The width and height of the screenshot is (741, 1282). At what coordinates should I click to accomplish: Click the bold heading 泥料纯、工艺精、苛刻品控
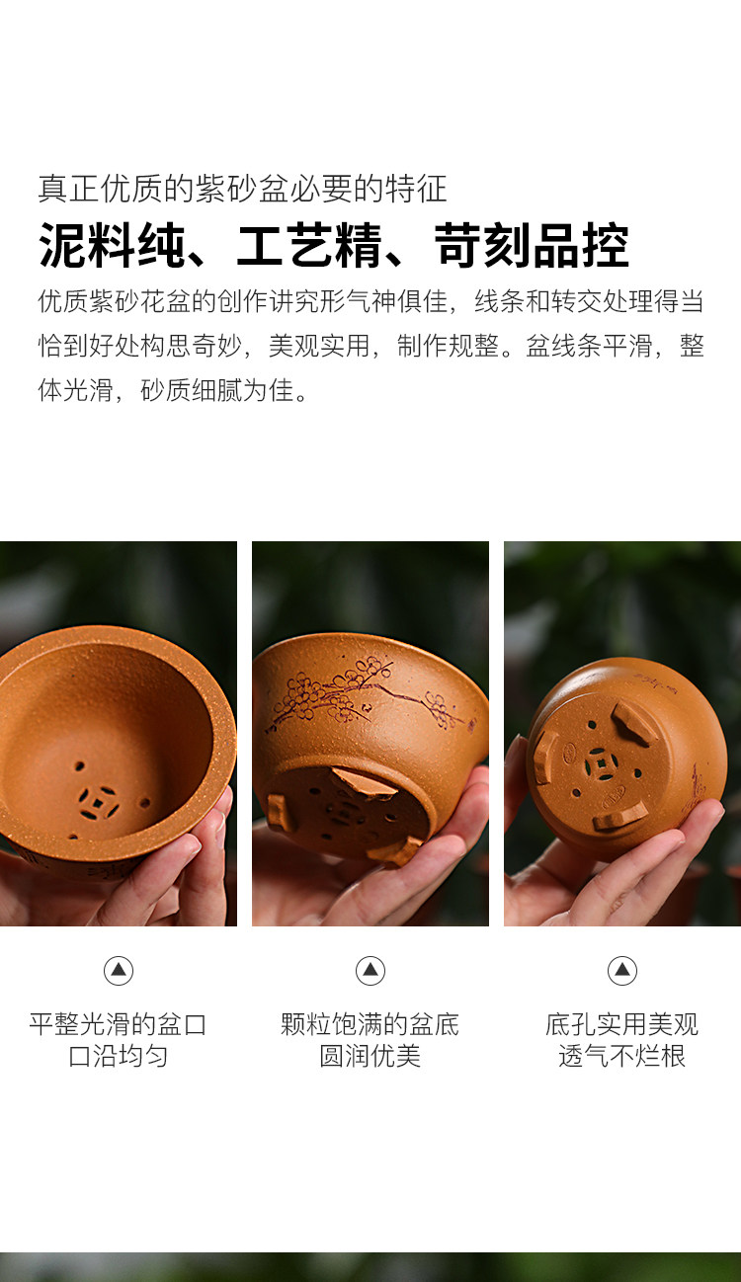(x=334, y=246)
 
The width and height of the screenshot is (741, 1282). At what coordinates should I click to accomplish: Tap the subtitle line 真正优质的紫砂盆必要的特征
(x=242, y=189)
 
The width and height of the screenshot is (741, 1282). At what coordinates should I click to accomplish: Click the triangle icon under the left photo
(x=119, y=971)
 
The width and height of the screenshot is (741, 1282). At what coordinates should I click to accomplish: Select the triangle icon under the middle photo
(x=370, y=971)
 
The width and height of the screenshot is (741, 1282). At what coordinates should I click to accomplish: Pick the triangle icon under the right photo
(x=622, y=971)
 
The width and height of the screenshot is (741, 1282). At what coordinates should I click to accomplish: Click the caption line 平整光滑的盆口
(x=119, y=1024)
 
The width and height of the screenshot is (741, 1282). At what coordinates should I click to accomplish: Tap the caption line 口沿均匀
(x=119, y=1056)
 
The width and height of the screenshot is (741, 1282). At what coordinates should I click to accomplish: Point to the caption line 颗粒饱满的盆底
(x=370, y=1024)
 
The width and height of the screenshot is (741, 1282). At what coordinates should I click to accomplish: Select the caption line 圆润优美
(x=370, y=1056)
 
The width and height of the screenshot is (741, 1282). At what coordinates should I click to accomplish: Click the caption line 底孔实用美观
(x=621, y=1024)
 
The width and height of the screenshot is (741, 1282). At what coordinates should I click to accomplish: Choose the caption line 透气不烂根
(x=621, y=1056)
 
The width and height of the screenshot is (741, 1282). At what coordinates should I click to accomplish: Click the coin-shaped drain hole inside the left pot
(x=98, y=802)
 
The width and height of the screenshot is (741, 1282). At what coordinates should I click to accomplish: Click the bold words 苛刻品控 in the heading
(x=532, y=246)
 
